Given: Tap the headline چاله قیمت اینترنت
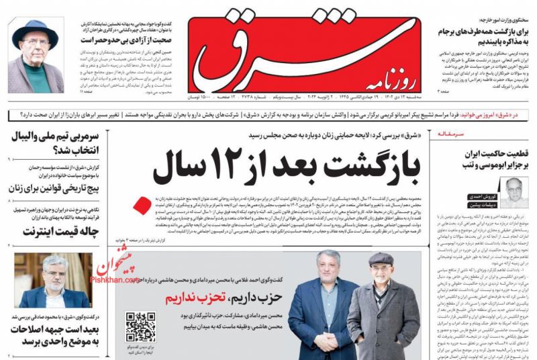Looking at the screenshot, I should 52,232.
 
